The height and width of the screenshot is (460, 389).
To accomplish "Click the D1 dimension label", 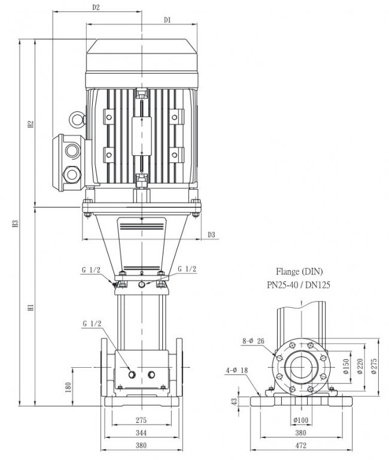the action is (167, 20).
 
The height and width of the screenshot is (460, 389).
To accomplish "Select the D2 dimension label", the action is (96, 8).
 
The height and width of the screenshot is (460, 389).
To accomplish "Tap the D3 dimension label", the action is (211, 235).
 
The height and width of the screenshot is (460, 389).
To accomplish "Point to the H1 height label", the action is (31, 308).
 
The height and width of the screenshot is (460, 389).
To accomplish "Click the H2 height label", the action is (31, 124).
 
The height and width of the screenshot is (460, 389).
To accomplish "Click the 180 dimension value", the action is (68, 388).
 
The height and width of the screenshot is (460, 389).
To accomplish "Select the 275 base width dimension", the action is (141, 420).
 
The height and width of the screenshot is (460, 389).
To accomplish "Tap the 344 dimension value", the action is (141, 432).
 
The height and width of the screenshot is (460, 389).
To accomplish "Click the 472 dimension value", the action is (301, 446).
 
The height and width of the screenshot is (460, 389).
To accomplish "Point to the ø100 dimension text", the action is (301, 420).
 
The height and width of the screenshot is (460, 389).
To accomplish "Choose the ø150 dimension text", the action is (346, 367).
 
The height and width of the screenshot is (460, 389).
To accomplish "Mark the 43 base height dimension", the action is (233, 402).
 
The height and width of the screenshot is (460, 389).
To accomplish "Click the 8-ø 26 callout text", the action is (253, 341).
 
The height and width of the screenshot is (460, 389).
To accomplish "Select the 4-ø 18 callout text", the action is (236, 371).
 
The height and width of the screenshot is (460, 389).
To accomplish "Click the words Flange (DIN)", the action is (299, 272).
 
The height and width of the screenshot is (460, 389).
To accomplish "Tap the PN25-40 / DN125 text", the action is (299, 285).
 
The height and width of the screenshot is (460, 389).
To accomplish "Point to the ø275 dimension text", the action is (374, 367).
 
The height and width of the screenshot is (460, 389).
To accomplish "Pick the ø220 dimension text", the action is (360, 367).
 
